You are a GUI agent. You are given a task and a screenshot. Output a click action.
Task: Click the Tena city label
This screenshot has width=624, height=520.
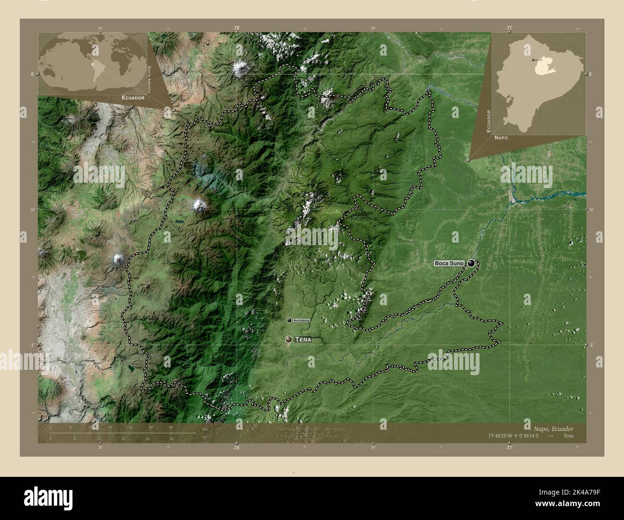(303, 340)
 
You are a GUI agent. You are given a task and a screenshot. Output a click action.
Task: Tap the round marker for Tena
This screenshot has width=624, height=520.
(288, 339)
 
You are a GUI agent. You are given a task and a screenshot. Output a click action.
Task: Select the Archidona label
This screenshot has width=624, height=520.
(301, 320)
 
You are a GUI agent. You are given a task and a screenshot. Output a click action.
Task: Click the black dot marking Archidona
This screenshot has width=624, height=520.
(289, 320)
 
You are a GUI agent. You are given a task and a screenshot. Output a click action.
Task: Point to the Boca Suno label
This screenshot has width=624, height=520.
(449, 263)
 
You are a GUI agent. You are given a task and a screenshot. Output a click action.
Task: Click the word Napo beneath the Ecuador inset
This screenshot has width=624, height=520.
(501, 137)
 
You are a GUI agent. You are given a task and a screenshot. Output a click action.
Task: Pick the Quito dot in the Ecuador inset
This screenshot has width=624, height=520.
(532, 60)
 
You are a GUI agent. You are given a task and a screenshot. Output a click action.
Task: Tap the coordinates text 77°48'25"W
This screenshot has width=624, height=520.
(503, 436)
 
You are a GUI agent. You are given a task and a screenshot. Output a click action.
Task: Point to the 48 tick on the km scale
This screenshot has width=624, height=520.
(170, 427)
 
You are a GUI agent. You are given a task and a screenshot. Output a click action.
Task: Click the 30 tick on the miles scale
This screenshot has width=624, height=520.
(171, 438)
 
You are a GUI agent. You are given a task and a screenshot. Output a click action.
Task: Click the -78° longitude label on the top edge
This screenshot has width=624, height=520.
(236, 28)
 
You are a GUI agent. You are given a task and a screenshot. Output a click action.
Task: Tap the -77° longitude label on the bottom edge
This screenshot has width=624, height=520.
(509, 448)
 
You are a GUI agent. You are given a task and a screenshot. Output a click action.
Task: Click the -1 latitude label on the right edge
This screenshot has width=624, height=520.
(592, 345)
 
